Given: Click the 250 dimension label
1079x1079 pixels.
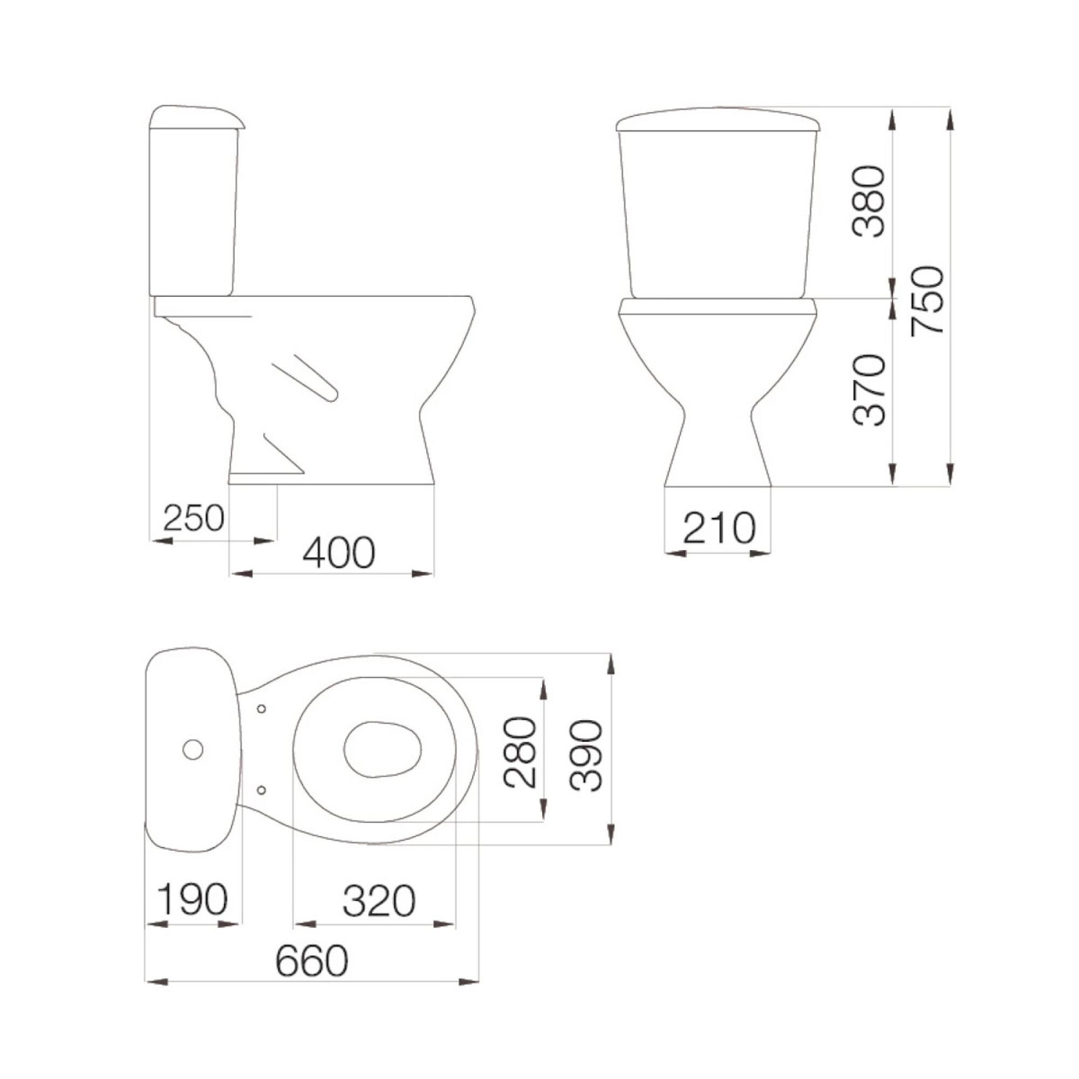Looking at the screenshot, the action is click(194, 518).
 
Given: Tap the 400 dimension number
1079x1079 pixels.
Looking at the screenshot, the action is click(339, 552).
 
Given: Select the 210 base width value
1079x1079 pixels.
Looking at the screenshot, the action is click(719, 528).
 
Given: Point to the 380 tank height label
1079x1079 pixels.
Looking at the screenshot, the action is click(870, 201).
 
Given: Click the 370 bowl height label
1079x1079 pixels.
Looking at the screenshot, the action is click(870, 390).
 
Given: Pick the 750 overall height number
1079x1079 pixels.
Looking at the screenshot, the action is click(927, 301).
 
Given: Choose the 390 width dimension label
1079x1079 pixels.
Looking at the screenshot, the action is click(586, 755).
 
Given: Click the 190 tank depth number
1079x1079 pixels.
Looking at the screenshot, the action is click(193, 900).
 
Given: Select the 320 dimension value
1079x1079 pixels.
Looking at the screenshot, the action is click(379, 900).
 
